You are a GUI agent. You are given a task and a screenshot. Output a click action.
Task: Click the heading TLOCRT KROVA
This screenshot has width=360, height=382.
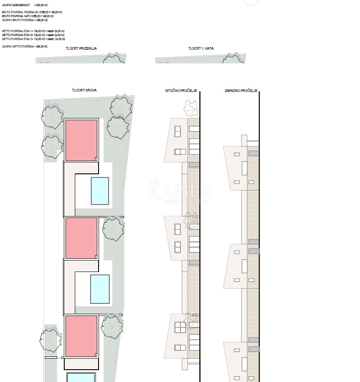(84, 90)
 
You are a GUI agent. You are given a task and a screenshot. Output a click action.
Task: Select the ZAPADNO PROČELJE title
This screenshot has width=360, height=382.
(241, 91)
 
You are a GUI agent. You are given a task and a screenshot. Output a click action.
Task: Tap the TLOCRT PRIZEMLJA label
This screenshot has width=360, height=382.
(81, 48)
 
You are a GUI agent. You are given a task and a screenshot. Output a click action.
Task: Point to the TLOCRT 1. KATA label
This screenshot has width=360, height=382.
(201, 48)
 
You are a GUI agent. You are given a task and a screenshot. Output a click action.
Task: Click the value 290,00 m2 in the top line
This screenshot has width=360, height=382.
(41, 4)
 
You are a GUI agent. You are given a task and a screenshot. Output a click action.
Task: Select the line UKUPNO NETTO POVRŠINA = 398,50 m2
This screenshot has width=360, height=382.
(25, 46)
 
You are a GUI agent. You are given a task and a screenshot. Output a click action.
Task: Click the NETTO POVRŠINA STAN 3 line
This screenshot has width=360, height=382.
(33, 39)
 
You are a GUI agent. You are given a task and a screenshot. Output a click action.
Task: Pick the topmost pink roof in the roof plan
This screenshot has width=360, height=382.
(81, 140)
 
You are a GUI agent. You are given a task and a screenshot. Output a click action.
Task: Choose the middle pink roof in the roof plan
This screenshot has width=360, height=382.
(81, 238)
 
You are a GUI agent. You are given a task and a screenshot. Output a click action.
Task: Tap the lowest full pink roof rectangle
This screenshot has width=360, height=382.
(81, 336)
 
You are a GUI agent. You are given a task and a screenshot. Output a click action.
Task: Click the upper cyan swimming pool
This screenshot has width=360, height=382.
(100, 191)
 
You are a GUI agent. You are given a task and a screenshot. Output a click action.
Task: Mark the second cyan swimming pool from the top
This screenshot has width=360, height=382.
(100, 289)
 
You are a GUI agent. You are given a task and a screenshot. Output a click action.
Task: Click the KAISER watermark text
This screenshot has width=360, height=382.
(180, 191)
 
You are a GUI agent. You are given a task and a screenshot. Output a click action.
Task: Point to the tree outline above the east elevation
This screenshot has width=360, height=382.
(191, 107)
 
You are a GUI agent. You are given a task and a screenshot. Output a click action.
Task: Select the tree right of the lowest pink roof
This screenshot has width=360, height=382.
(112, 327)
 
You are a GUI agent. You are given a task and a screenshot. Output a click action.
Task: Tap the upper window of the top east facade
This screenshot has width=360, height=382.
(177, 132)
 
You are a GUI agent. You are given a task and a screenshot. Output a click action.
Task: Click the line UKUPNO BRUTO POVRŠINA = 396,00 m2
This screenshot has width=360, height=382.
(25, 20)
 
